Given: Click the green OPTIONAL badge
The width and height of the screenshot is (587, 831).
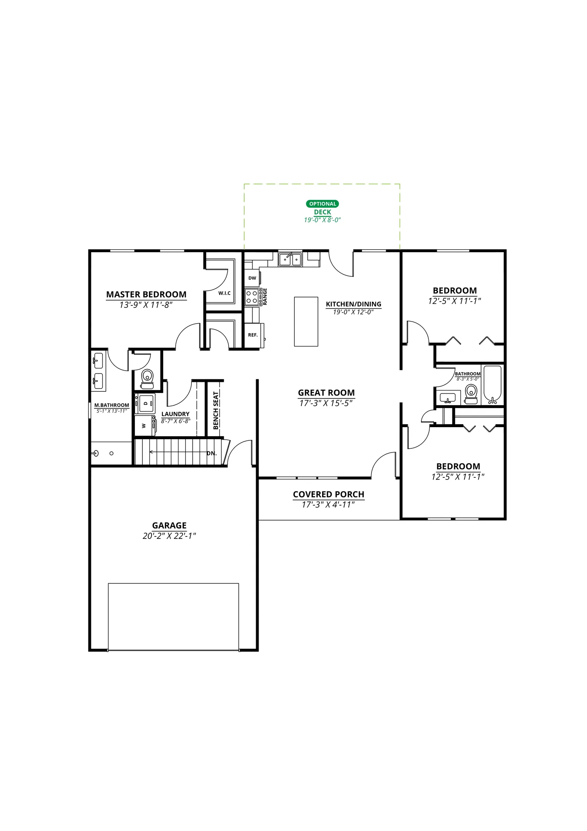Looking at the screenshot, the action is (x=323, y=204).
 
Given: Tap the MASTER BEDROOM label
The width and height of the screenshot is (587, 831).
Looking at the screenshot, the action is (x=146, y=295).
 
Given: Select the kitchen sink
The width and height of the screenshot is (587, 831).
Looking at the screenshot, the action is (x=290, y=259).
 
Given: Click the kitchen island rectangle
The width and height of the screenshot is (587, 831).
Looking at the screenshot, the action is (x=306, y=321).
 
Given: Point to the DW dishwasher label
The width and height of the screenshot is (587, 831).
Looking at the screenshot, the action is (x=252, y=278).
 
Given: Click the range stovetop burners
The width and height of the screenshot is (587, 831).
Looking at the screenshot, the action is (x=252, y=297).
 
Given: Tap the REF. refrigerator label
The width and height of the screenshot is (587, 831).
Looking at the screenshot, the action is (x=253, y=335).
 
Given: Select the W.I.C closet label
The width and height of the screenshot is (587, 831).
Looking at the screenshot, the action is (x=225, y=293).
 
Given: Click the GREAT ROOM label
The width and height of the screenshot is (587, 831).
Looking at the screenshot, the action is (x=326, y=393).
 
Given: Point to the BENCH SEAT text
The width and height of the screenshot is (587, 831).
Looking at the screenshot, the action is (x=216, y=411).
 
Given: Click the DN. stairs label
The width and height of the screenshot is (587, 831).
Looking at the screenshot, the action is (x=212, y=453).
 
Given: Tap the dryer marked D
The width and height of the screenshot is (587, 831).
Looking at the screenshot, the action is (x=146, y=403).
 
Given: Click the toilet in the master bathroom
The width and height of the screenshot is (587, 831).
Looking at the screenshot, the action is (x=147, y=378).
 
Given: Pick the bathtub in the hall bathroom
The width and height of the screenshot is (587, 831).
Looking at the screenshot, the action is (x=493, y=385).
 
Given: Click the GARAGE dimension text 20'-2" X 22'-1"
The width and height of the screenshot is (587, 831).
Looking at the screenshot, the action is (x=169, y=536).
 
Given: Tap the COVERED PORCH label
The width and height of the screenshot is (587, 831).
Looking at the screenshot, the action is (x=329, y=494).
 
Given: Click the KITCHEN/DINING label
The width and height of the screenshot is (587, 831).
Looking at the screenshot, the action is (x=354, y=304).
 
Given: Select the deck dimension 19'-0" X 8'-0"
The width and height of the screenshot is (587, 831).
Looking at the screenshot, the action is (x=323, y=220).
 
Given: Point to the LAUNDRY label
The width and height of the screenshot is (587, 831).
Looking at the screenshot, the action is (x=176, y=414).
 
